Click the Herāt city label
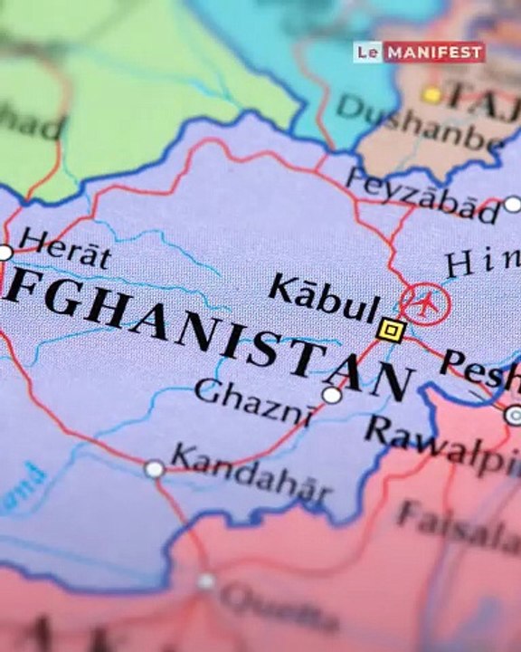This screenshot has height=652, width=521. [x=65, y=249]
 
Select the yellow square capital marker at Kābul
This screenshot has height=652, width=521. [x=391, y=331]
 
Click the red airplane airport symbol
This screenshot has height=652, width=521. [x=426, y=302]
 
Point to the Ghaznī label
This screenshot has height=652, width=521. [x=254, y=397]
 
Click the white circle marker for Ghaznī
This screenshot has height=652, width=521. [x=332, y=395]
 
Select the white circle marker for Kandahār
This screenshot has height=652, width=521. [x=155, y=468]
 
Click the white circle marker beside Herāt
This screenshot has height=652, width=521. [x=5, y=253]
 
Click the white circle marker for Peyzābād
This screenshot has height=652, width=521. [x=513, y=205]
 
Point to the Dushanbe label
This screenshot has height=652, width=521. [x=422, y=127]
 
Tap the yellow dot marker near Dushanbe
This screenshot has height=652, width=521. [x=432, y=94]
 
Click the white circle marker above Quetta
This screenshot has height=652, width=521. [x=207, y=581]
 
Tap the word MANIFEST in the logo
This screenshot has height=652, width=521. [x=434, y=52]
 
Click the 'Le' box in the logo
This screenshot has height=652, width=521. [x=366, y=52]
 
